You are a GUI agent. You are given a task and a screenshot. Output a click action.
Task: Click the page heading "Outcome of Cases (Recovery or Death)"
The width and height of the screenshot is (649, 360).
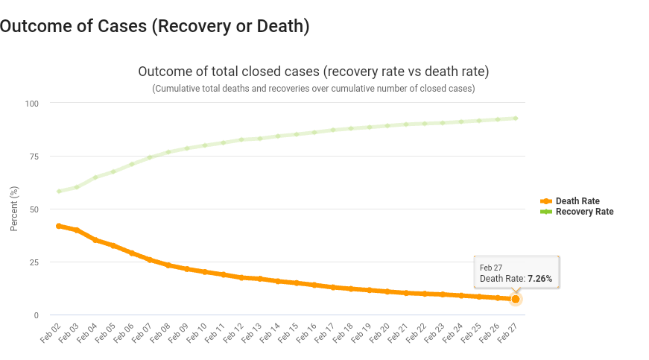pos(154,26)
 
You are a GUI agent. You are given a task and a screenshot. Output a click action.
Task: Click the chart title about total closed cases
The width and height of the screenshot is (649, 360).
pos(313,72)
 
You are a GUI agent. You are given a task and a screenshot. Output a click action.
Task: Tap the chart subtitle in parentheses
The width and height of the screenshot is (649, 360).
pos(313,88)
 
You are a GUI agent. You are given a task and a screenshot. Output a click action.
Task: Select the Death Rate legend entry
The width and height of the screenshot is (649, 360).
pos(577,201)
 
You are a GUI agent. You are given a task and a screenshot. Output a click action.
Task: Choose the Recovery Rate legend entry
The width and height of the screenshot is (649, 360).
pos(584,212)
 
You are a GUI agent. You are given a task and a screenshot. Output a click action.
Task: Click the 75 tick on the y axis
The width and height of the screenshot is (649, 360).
pos(34,156)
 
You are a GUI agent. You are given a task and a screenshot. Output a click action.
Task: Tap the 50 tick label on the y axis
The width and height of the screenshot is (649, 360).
pos(34,209)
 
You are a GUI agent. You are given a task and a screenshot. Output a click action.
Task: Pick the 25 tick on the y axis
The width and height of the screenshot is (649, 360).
pos(34,262)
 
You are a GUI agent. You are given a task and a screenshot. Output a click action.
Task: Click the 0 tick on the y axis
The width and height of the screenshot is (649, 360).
pos(36,315)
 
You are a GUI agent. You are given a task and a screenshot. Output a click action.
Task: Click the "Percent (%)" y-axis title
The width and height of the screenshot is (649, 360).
pos(14,209)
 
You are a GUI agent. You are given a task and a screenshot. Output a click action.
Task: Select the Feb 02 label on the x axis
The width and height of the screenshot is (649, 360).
pos(51,332)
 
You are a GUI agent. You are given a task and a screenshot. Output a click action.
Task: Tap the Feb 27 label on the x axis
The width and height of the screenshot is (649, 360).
pos(507,332)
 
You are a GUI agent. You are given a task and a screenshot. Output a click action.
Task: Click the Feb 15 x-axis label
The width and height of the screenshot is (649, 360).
pos(288,332)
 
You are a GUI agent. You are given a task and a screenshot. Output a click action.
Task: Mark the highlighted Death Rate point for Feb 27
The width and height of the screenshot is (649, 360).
pos(515,299)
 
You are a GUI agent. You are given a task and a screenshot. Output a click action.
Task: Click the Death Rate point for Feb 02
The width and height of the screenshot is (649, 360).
pos(59,226)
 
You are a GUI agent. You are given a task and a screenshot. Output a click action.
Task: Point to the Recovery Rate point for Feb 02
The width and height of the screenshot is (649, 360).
pos(59,192)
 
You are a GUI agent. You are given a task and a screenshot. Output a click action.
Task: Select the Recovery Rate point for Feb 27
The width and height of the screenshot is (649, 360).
pos(515,118)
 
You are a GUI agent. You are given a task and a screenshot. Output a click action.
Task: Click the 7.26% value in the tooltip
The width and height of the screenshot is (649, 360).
pos(539,279)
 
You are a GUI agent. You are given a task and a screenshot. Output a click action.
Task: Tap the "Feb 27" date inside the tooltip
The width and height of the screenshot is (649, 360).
pos(490,268)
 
